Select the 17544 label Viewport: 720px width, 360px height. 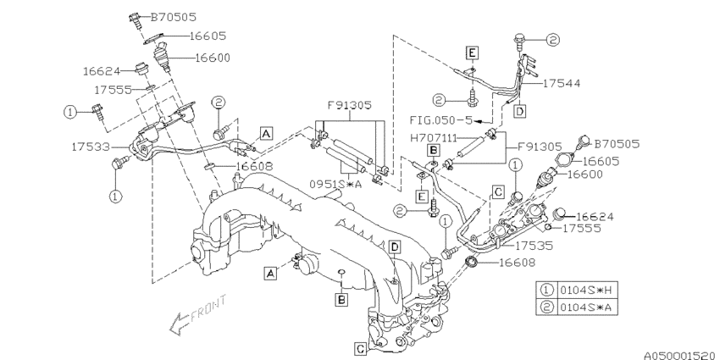coord(562,84)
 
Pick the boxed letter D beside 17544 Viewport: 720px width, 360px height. coord(518,111)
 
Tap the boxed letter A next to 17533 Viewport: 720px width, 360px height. coord(266,133)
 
